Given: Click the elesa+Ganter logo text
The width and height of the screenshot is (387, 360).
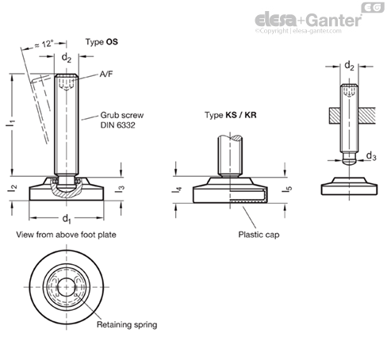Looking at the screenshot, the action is click(308, 20).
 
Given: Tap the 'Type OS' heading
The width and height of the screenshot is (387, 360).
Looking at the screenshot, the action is click(102, 42).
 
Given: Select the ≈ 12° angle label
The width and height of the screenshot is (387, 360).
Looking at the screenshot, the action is click(44, 44).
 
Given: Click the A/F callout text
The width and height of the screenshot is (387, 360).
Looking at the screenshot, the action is click(106, 74).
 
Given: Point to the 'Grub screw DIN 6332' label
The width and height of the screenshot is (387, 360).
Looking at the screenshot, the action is click(122, 120).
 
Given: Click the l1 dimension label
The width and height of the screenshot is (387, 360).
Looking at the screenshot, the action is click(11, 122).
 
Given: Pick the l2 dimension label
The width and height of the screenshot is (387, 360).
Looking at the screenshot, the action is click(13, 188).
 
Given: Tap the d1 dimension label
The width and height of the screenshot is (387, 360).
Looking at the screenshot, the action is click(67, 219).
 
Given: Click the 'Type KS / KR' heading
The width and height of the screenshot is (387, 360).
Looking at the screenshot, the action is click(231, 115).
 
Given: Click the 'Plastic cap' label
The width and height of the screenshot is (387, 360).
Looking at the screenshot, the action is click(259, 235).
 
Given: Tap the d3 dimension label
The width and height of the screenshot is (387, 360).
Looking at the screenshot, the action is click(371, 156).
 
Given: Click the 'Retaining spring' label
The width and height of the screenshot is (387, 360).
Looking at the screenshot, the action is click(127, 324).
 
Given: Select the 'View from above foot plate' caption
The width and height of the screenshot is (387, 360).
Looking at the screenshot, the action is click(66, 235).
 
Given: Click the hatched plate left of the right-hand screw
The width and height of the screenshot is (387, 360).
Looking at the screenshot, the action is click(335, 116).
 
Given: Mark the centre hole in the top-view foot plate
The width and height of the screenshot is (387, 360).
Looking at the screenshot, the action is click(66, 287).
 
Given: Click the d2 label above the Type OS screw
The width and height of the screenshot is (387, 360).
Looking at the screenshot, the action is click(67, 57).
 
